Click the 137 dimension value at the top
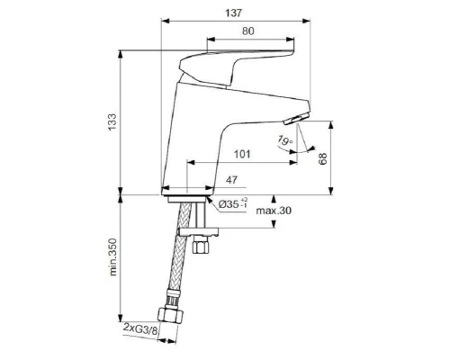(239, 11)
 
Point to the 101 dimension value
(240, 154)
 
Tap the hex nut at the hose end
(169, 316)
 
